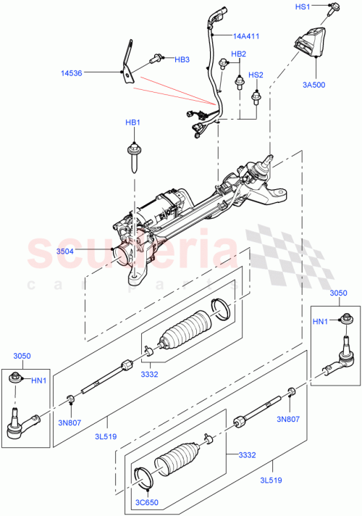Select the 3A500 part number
pos(313,85)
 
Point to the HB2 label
pos(238,54)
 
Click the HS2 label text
pos(256,75)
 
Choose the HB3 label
pos(182,59)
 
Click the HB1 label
pos(133,122)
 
